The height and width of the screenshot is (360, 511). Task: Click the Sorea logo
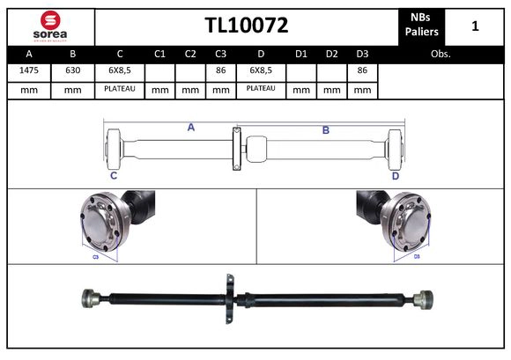click(x=49, y=26)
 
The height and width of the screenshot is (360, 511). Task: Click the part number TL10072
click(x=246, y=26)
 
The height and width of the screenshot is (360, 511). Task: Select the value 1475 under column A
click(x=28, y=70)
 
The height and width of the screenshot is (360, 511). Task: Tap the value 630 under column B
click(x=72, y=70)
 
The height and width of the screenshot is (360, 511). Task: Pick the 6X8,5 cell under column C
click(x=119, y=70)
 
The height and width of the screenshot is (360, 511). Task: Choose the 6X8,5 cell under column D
click(x=261, y=70)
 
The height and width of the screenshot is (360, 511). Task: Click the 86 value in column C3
click(x=220, y=70)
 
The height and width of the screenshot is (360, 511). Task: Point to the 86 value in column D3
click(x=362, y=70)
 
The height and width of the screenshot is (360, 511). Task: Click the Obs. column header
click(x=441, y=54)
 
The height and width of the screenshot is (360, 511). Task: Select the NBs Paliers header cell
click(x=423, y=26)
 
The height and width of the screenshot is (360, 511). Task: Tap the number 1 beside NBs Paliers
click(x=475, y=26)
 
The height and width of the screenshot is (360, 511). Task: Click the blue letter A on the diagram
click(x=190, y=128)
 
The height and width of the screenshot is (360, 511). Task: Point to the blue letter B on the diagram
click(x=325, y=130)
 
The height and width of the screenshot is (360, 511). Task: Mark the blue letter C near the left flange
click(x=114, y=176)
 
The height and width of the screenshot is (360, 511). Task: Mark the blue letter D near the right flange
click(x=395, y=176)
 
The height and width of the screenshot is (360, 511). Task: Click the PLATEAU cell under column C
click(x=119, y=89)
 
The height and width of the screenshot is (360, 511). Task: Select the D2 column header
click(x=331, y=54)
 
